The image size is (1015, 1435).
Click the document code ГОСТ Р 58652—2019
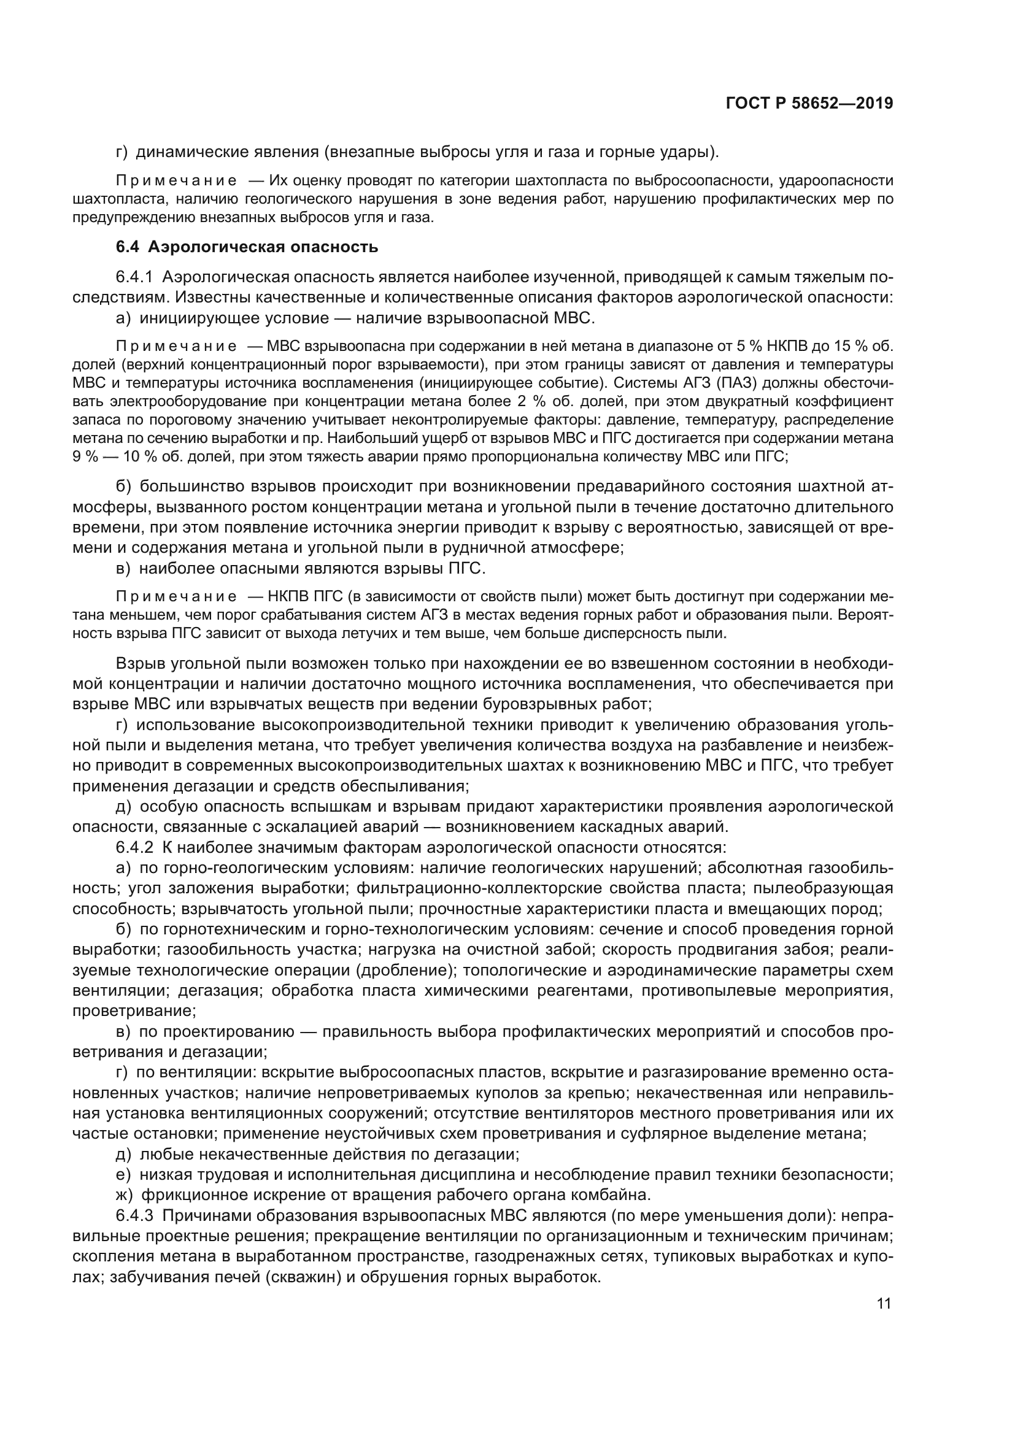[x=809, y=104]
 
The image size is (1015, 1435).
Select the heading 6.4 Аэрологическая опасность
[x=247, y=247]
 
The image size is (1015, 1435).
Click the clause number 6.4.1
[x=134, y=277]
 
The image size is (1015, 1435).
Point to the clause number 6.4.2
[x=134, y=847]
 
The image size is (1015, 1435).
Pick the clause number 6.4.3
[x=134, y=1215]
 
